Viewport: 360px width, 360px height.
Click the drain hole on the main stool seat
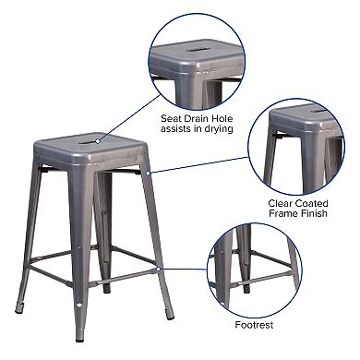(94, 141)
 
